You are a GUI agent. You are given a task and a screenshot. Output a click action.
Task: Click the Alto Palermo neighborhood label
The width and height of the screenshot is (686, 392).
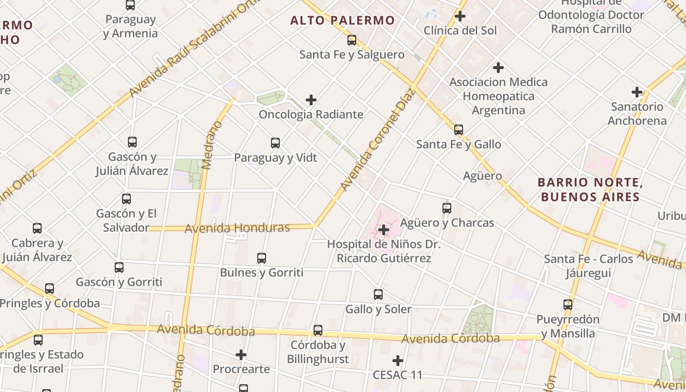click(342, 20)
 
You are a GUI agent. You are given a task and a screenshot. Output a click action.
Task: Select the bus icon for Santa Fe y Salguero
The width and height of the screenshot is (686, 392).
click(352, 40)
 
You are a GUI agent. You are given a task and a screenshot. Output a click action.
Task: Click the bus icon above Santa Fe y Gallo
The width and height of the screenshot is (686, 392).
click(459, 130)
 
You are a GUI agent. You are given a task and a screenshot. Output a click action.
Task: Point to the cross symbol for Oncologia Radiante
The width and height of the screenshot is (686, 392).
click(311, 100)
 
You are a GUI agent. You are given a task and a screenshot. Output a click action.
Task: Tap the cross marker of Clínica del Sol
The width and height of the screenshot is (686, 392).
click(460, 16)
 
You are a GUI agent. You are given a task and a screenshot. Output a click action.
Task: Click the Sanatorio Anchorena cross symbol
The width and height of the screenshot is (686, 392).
click(637, 92)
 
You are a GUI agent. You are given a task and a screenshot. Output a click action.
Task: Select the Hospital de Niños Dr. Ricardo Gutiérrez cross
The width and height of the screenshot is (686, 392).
click(384, 229)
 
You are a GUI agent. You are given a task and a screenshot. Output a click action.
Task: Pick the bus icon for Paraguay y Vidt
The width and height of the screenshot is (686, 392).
click(275, 143)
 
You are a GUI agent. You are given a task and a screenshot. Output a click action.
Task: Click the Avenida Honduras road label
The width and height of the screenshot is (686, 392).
click(237, 228)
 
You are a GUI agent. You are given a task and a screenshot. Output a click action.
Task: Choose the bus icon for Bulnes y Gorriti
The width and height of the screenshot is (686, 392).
click(262, 258)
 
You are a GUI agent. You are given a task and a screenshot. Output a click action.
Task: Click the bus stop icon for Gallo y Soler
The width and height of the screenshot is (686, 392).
click(378, 294)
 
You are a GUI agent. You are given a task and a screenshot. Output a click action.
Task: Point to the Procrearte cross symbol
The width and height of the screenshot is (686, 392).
click(241, 354)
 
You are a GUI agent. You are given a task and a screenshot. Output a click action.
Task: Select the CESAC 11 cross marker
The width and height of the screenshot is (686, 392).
click(397, 361)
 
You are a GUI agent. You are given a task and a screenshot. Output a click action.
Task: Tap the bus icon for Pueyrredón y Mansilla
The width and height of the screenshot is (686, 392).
click(568, 305)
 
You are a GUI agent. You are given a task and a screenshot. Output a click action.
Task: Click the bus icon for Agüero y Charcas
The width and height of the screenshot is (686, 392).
click(447, 208)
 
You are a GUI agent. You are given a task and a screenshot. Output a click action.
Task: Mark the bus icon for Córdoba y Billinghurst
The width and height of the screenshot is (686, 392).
click(318, 330)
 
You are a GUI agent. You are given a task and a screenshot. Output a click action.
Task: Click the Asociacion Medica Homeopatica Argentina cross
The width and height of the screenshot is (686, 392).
click(498, 67)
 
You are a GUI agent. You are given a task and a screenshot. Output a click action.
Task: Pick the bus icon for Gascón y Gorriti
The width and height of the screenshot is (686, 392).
click(119, 268)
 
